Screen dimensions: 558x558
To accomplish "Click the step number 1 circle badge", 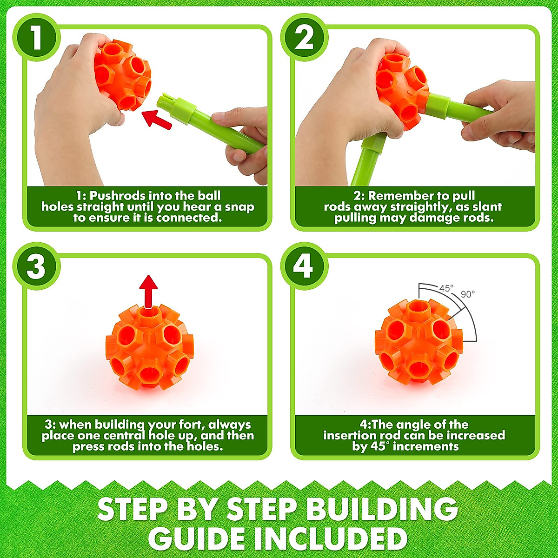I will point(37,38).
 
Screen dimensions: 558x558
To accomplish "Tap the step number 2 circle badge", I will point(304,38).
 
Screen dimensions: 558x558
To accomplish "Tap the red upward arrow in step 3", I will point(148,291).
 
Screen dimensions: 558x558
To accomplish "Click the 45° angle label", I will point(445,288).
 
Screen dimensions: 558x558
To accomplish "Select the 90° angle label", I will point(468,294).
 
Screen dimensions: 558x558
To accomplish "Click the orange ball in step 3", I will point(149,346).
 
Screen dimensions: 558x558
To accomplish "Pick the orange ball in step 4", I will point(418,342).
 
